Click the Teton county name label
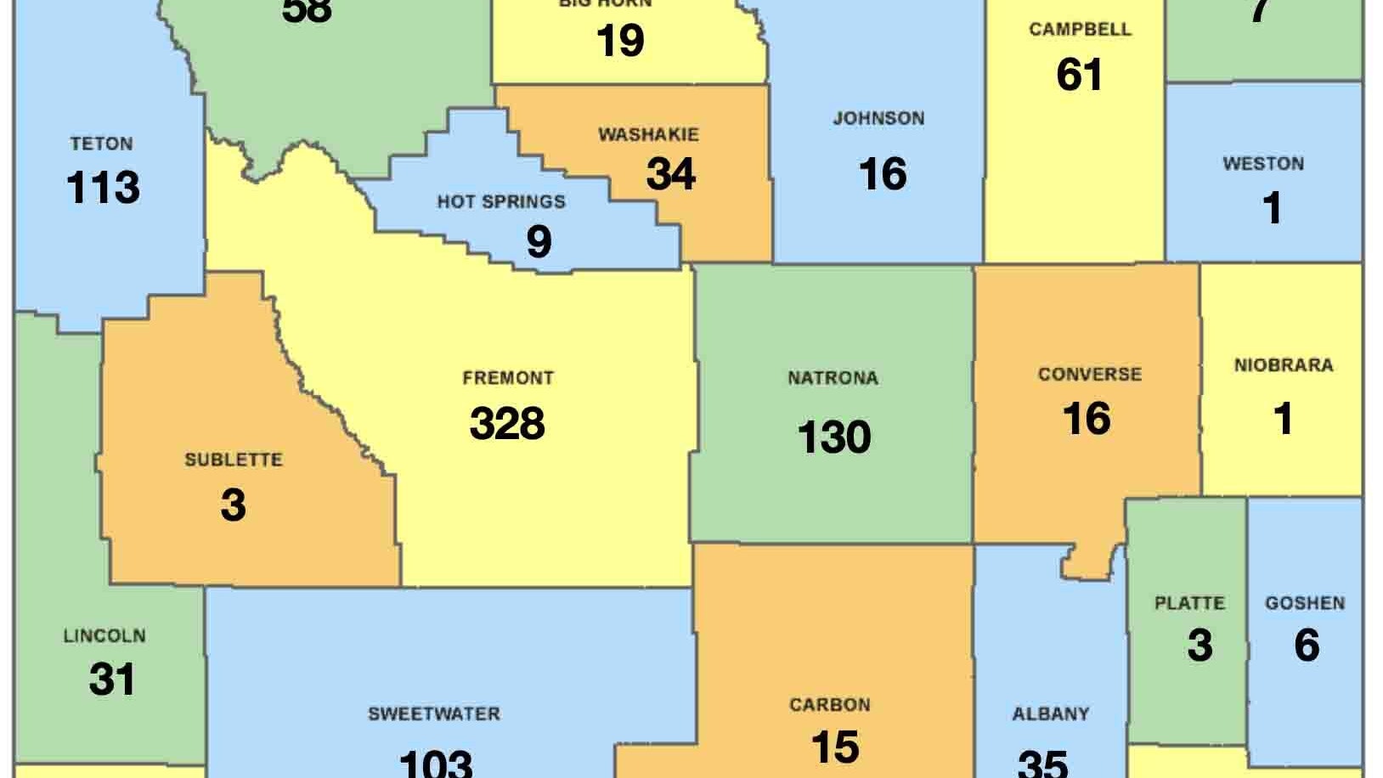pyautogui.click(x=101, y=144)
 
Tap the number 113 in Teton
pyautogui.click(x=103, y=188)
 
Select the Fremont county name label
pyautogui.click(x=508, y=377)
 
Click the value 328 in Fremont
pyautogui.click(x=507, y=423)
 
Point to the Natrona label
pyautogui.click(x=833, y=378)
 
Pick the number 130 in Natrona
pyautogui.click(x=834, y=437)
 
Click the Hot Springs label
pyautogui.click(x=501, y=202)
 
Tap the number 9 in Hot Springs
pyautogui.click(x=539, y=241)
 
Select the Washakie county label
pyautogui.click(x=648, y=134)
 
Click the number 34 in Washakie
pyautogui.click(x=671, y=174)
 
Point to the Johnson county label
pyautogui.click(x=878, y=118)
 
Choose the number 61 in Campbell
pyautogui.click(x=1080, y=74)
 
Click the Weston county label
pyautogui.click(x=1263, y=163)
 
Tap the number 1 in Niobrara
pyautogui.click(x=1284, y=418)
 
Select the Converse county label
pyautogui.click(x=1090, y=374)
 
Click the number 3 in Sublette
pyautogui.click(x=233, y=505)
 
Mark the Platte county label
pyautogui.click(x=1189, y=603)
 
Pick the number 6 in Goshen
pyautogui.click(x=1307, y=646)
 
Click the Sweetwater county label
pyautogui.click(x=434, y=713)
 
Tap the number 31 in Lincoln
pyautogui.click(x=112, y=679)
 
